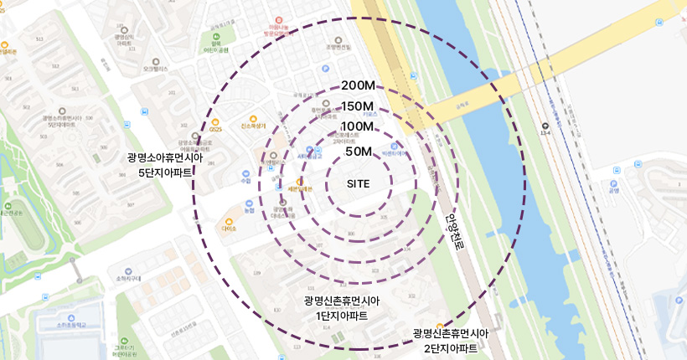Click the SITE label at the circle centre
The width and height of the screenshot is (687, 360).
358,183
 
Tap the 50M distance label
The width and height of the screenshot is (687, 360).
358,152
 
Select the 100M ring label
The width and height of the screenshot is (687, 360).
358,126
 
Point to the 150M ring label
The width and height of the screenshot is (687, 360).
358,106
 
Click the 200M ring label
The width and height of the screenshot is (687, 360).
358,86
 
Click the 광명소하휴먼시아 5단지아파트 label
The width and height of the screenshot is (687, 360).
160,165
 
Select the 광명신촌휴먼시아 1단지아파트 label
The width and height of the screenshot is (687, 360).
343,308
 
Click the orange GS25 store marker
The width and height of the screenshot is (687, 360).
215,121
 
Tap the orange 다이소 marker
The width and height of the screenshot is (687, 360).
229,221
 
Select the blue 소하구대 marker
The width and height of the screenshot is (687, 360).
111,271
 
